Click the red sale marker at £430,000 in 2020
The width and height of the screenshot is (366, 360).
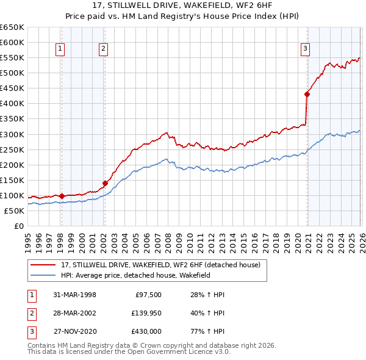[x=307, y=94]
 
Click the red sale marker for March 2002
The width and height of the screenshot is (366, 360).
[x=105, y=183]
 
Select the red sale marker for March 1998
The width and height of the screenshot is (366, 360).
[x=62, y=196]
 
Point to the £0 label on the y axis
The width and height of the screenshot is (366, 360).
[x=19, y=226]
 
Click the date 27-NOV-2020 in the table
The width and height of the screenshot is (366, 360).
[x=75, y=331]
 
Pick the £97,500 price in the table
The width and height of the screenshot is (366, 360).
[x=147, y=295]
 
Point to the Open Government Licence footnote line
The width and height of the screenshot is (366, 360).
[x=129, y=351]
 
